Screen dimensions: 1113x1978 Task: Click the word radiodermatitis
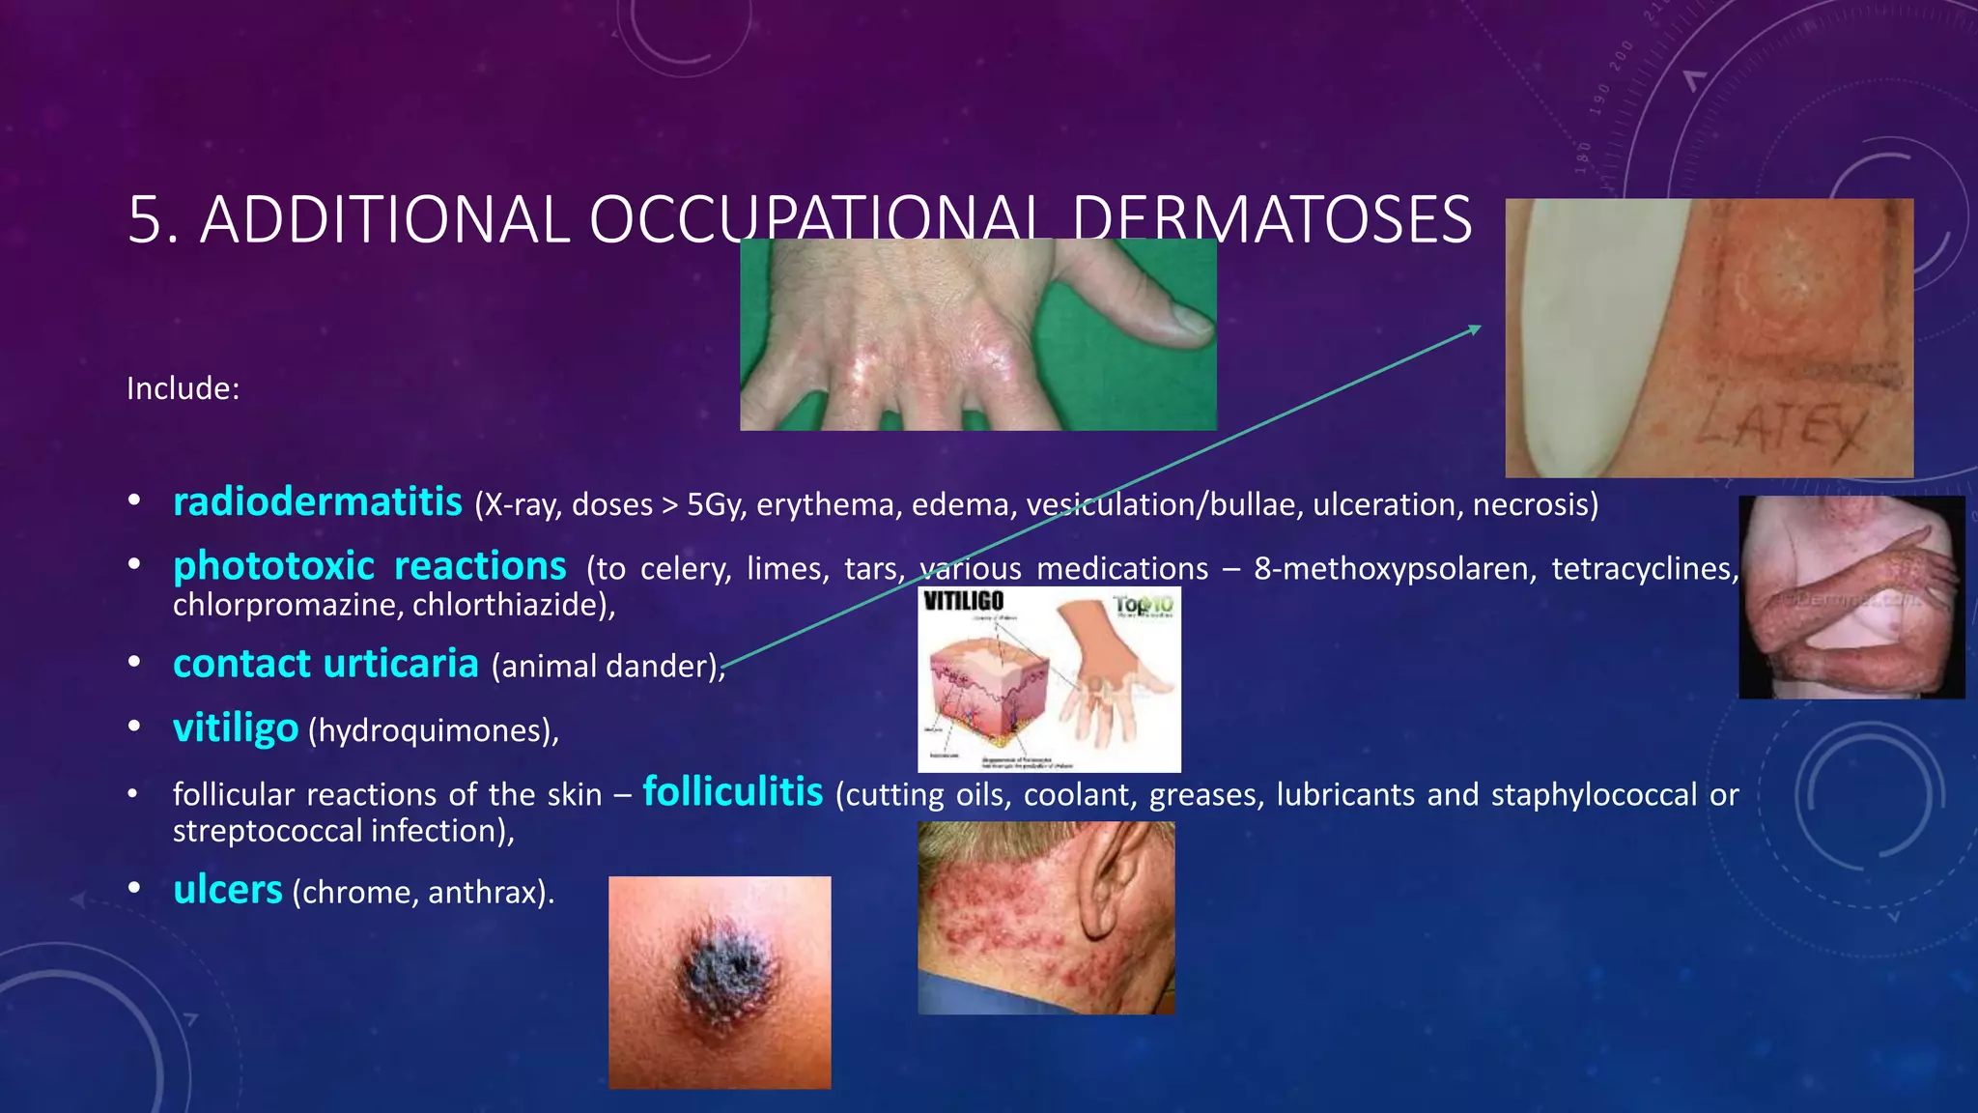(x=317, y=502)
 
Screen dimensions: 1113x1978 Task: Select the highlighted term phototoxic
(x=273, y=566)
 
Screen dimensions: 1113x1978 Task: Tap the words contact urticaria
(x=325, y=665)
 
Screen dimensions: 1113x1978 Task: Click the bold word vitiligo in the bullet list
(x=236, y=728)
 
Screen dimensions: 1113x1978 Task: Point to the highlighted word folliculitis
(x=733, y=792)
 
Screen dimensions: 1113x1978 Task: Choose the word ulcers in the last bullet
(x=228, y=890)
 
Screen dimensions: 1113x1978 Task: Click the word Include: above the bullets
(x=183, y=388)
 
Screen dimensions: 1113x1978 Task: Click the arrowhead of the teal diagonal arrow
(x=1476, y=328)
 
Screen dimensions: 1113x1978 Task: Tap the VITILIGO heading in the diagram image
(x=963, y=601)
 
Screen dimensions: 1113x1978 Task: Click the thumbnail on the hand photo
(x=1182, y=320)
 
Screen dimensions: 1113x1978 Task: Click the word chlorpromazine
(x=287, y=606)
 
